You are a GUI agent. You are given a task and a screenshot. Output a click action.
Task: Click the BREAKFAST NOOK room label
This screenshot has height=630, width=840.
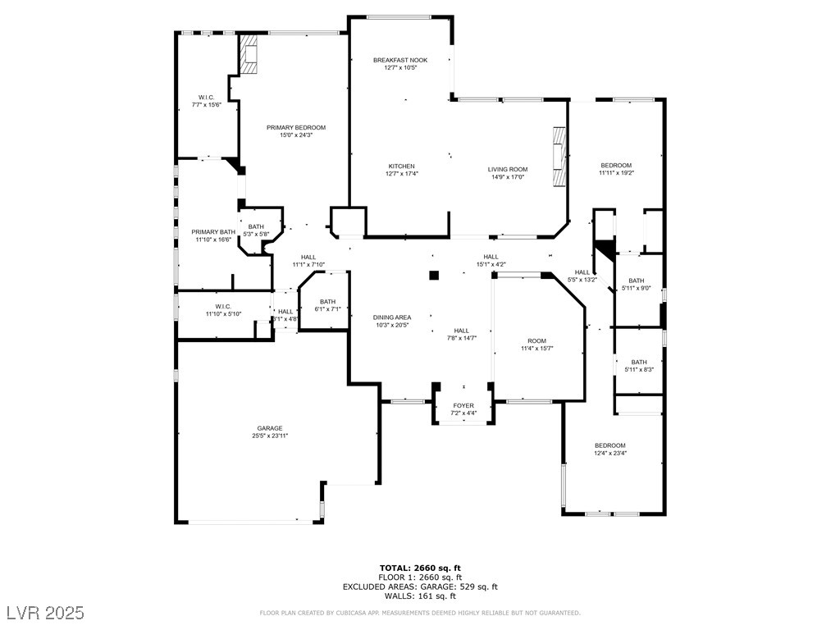[400, 60]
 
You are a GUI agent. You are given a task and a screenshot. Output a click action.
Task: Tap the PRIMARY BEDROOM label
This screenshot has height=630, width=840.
[296, 127]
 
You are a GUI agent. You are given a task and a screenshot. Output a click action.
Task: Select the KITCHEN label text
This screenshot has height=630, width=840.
[401, 166]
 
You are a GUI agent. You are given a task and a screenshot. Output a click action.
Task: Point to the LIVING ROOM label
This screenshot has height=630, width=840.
[507, 169]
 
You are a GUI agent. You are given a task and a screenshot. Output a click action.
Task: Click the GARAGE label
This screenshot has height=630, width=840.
[270, 428]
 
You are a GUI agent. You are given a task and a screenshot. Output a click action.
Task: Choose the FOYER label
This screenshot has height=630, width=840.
[463, 405]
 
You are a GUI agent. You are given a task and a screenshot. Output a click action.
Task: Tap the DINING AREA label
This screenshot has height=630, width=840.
[392, 317]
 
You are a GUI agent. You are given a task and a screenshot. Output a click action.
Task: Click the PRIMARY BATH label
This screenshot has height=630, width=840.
[213, 232]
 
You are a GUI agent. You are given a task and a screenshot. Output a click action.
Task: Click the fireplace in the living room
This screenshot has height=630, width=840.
[559, 157]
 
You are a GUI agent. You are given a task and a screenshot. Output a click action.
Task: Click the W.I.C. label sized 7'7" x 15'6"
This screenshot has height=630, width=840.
[206, 97]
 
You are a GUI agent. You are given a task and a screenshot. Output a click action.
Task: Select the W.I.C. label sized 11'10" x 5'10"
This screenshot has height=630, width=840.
[223, 307]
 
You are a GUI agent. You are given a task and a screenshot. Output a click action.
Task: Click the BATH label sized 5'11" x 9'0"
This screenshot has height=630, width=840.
[637, 281]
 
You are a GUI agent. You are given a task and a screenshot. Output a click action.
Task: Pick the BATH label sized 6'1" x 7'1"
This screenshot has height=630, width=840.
[328, 301]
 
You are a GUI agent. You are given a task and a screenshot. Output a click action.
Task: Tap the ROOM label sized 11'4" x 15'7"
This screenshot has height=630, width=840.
[536, 340]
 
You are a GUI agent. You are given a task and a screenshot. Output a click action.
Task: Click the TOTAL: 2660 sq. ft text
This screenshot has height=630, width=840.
[420, 568]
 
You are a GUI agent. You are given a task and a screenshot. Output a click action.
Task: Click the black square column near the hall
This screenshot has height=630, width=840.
[435, 276]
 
